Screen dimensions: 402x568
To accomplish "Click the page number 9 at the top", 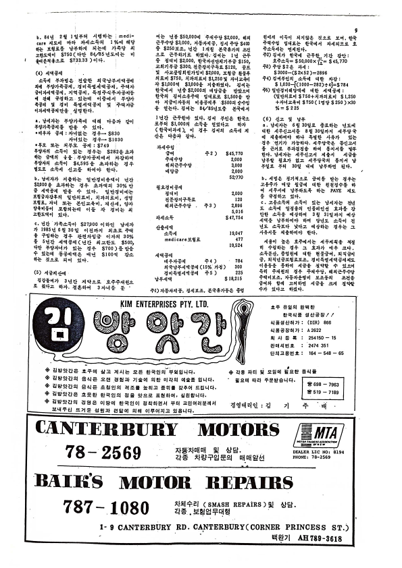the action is point(355,30).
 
